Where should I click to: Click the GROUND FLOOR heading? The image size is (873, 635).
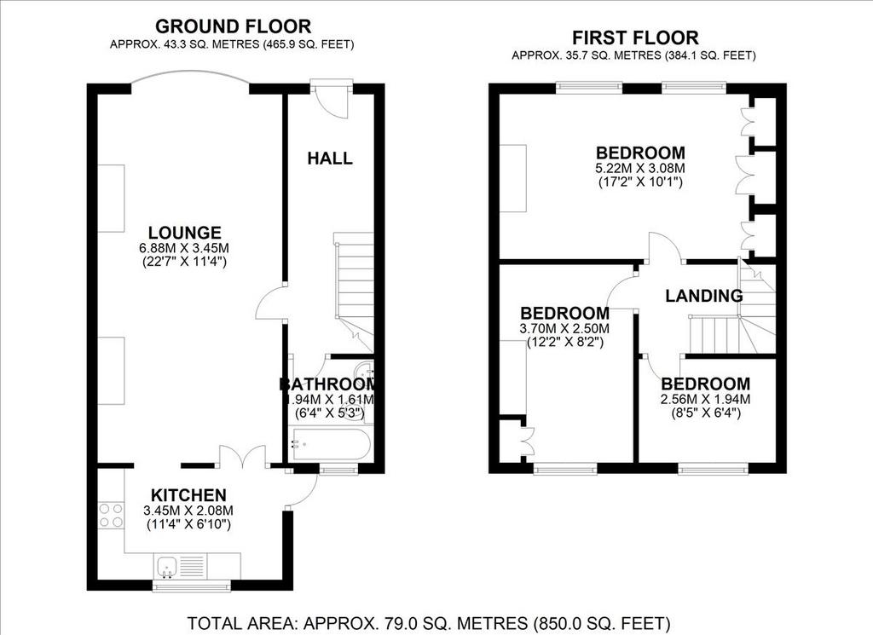[233, 26]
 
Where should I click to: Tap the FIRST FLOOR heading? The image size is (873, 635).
[635, 38]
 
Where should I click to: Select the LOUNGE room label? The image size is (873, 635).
[184, 233]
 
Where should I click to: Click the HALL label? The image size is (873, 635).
[330, 159]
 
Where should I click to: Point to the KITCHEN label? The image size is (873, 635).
[188, 494]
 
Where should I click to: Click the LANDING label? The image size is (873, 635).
[704, 296]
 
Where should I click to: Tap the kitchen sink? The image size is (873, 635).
[166, 567]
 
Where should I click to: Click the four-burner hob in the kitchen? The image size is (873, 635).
[111, 515]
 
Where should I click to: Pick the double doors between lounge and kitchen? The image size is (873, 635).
[243, 458]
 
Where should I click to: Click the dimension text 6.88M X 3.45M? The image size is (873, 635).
[184, 248]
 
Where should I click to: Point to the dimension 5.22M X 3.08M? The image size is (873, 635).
[640, 168]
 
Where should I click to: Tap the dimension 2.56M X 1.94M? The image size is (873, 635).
[705, 399]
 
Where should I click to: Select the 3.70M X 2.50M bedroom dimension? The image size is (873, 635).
[564, 328]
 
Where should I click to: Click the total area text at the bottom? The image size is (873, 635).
[429, 623]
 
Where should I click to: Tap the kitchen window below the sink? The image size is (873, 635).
[192, 586]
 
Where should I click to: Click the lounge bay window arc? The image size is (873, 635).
[190, 73]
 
